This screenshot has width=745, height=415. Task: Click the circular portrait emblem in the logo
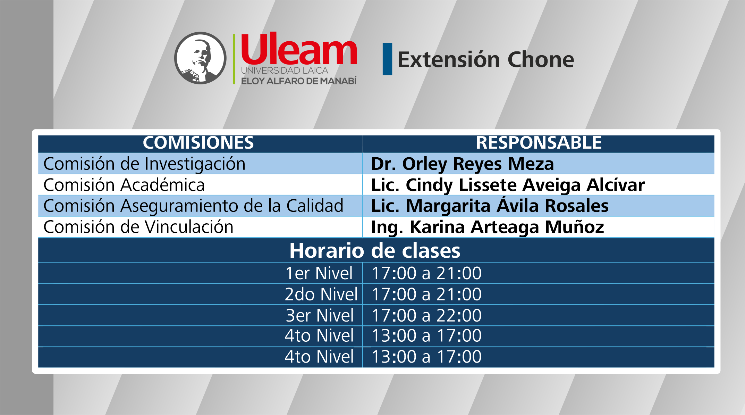pos(200,58)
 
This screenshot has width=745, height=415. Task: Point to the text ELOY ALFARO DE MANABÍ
pos(299,81)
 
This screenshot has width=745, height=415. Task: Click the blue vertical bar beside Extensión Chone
pos(387,59)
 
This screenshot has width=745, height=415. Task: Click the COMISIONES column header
pos(198,143)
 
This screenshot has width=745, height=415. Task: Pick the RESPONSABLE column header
pos(539,143)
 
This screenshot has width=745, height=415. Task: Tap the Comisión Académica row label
pos(124,185)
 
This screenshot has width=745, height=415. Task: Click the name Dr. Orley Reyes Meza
pos(463,164)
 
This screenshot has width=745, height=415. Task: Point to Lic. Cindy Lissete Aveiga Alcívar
pos(508,185)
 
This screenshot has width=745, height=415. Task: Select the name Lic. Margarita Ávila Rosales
pos(490,206)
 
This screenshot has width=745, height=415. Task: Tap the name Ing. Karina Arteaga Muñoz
pos(488,227)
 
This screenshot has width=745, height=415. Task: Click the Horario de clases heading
pos(375,250)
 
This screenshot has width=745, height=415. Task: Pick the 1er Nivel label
pos(319,273)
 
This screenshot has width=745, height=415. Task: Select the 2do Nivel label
pos(321,294)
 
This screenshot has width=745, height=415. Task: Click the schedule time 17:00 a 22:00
pos(426,315)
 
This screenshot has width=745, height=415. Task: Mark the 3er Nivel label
pos(320,315)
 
